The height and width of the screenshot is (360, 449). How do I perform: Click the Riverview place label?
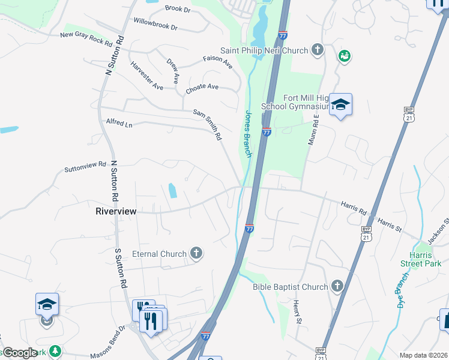pos(116,211)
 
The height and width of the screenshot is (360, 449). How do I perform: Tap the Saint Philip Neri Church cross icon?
pos(317,50)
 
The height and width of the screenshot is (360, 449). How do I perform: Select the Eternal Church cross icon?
pos(196,254)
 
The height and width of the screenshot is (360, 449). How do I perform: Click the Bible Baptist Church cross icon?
pos(337,287)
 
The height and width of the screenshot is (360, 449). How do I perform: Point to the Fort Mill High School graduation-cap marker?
pos(340,105)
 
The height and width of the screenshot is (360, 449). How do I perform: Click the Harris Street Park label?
pos(421,259)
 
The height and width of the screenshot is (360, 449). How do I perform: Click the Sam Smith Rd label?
pos(208,124)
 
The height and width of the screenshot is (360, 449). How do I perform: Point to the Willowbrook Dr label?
pos(155,24)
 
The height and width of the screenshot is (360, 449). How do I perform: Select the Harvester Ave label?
pos(146,77)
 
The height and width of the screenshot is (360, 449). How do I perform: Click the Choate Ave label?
pos(202,87)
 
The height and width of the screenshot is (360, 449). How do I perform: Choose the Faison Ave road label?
pos(217,62)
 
